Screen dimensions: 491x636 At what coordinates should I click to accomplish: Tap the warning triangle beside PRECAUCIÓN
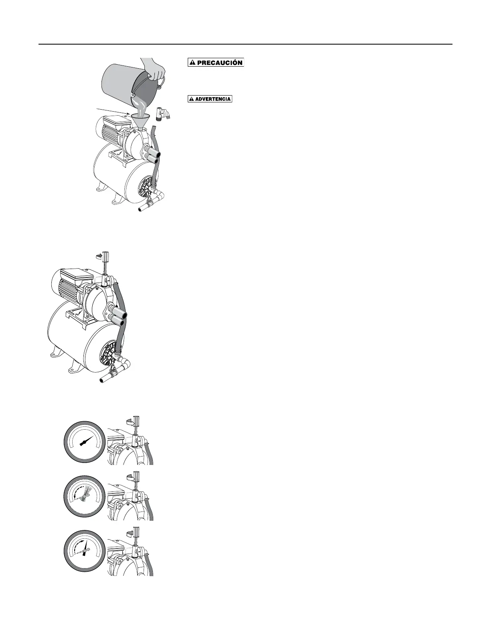point(193,63)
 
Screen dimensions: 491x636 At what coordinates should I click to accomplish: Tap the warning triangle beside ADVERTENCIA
point(192,99)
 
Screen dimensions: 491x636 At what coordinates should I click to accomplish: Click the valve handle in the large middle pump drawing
point(107,256)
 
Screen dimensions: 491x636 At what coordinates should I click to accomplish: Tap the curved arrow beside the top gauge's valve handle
point(128,421)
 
